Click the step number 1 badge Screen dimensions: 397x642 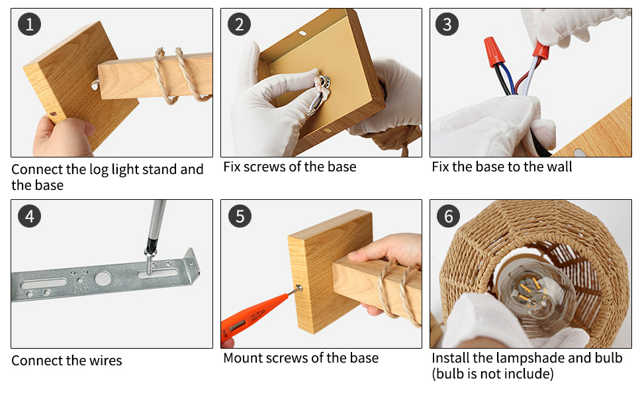pos(29,24)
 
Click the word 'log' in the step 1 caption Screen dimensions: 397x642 pos(99,169)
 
